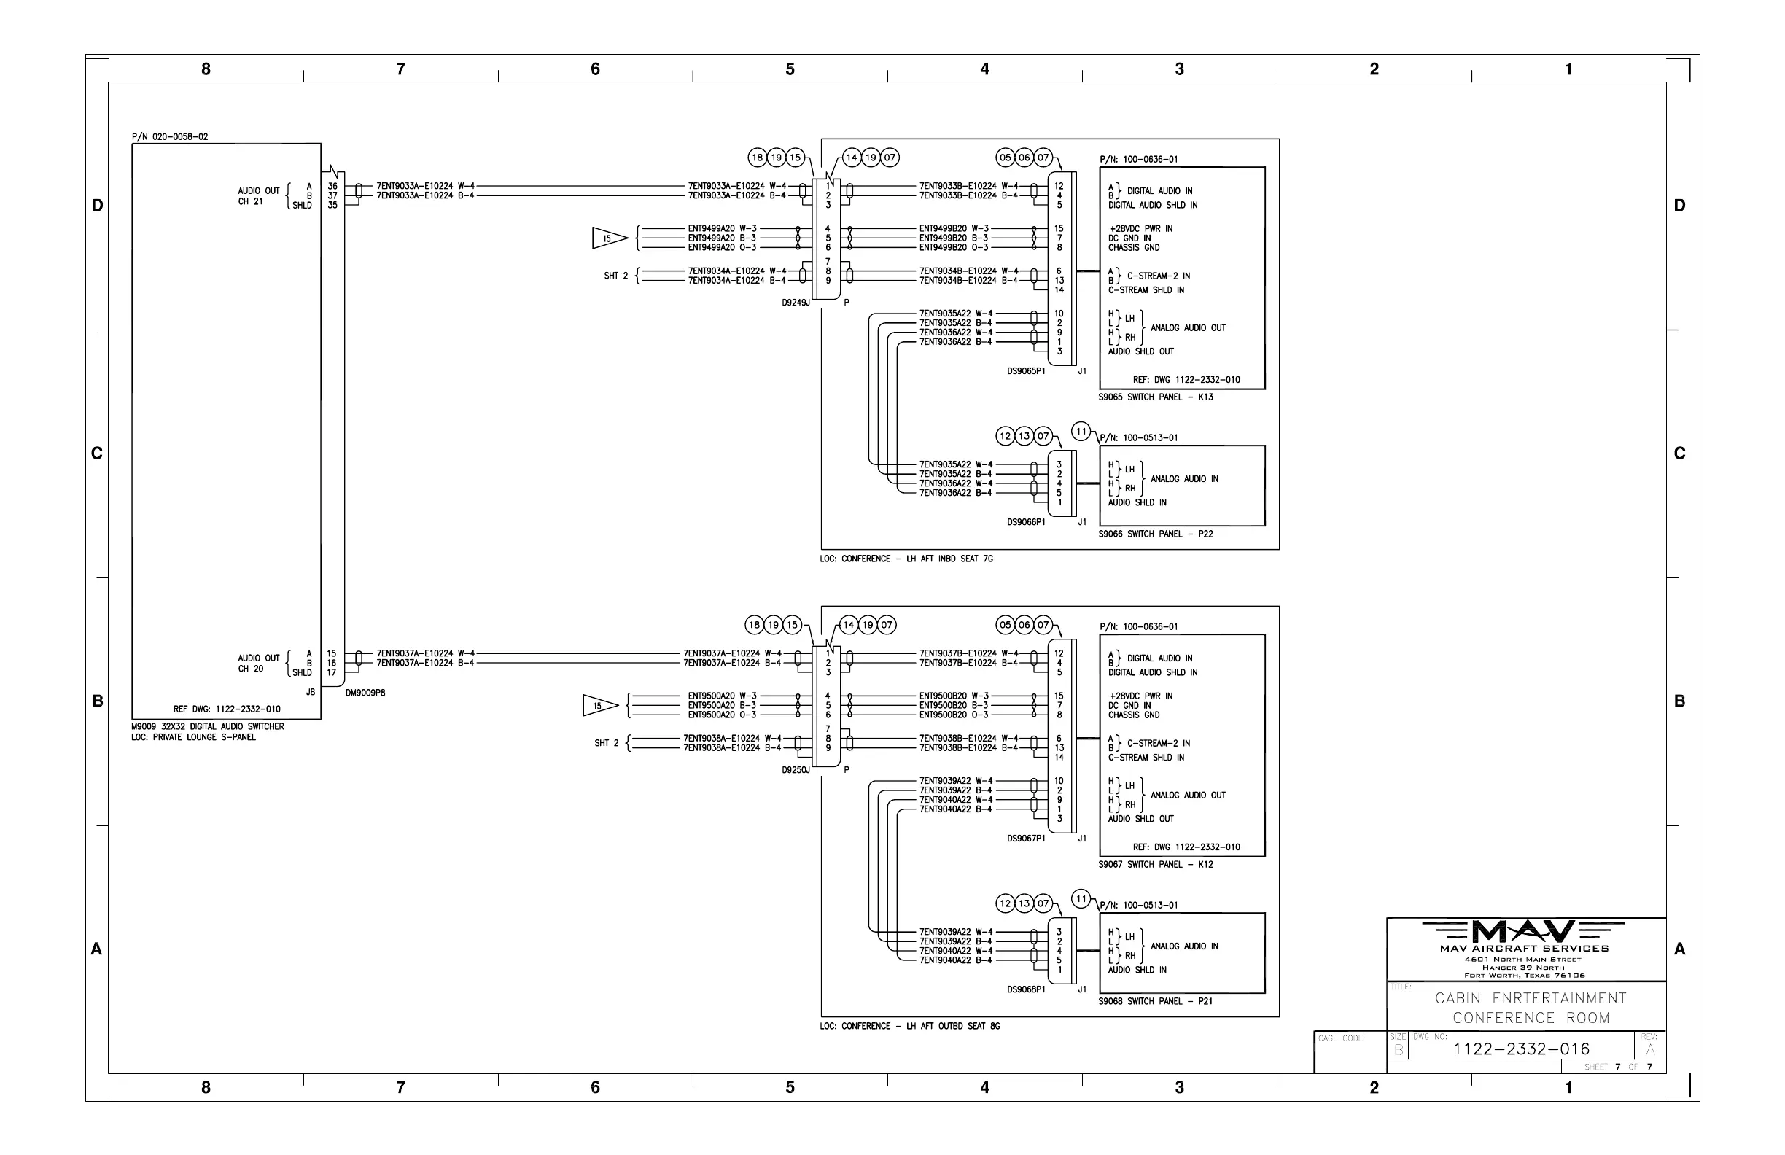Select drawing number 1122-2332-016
tap(1521, 1049)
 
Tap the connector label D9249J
tap(796, 303)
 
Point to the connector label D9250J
tap(796, 770)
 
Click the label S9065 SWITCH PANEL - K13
tap(1156, 397)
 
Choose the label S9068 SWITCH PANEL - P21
tap(1156, 1001)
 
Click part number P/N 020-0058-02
tap(170, 137)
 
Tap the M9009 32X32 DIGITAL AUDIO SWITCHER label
tap(208, 727)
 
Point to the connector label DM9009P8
tap(365, 693)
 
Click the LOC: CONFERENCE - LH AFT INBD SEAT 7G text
tap(906, 559)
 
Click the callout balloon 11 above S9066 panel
tap(1081, 431)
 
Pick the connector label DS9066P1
tap(1026, 522)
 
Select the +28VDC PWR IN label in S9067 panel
tap(1140, 696)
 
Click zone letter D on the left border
tap(98, 206)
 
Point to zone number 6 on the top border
tap(596, 69)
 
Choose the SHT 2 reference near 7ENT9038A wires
tap(607, 743)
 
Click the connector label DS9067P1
tap(1026, 839)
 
